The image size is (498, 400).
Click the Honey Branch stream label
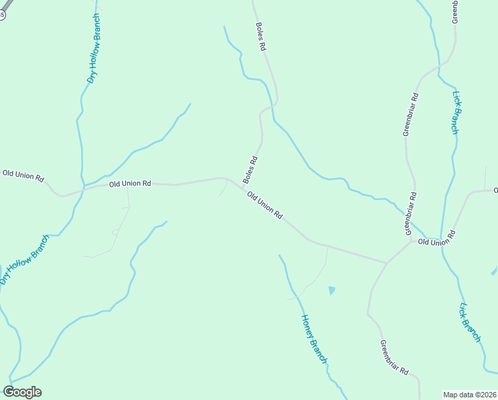315,339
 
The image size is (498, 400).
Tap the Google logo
22,392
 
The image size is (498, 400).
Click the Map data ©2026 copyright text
470,394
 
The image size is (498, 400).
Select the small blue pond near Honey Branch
332,290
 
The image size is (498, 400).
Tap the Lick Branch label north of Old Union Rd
455,113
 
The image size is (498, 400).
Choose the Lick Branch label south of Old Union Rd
470,323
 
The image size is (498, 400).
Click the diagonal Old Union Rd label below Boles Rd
265,205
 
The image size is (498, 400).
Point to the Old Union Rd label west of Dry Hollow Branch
23,175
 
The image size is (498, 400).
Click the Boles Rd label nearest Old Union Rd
250,170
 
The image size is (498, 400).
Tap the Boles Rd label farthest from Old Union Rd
261,37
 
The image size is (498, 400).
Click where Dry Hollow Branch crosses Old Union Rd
83,189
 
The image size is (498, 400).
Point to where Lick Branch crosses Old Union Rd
440,240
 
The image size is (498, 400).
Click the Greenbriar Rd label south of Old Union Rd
393,358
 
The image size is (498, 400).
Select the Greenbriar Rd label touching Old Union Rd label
411,213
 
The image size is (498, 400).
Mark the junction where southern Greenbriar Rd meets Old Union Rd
386,263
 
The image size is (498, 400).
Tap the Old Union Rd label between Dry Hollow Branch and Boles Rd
130,183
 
